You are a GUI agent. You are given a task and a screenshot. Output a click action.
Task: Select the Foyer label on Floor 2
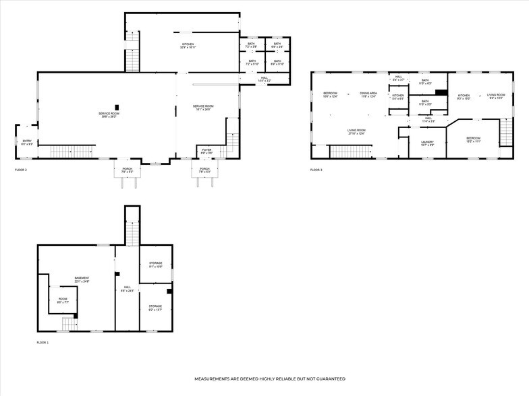(206, 151)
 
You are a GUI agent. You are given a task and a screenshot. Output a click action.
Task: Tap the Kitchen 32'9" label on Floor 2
(188, 46)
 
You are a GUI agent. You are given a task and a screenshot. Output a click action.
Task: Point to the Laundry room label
(427, 143)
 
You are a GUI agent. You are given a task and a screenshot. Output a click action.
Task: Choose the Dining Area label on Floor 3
(368, 95)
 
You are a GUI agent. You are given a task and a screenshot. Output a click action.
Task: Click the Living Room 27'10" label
(356, 131)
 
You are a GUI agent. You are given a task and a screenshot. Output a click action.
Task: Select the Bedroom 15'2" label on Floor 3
(472, 139)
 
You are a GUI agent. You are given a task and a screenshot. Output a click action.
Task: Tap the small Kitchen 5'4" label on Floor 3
(398, 96)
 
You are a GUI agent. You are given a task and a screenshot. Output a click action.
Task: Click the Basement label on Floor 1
(82, 279)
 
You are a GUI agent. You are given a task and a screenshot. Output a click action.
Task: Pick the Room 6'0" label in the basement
(63, 301)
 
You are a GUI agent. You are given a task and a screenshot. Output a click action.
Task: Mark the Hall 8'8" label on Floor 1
(127, 289)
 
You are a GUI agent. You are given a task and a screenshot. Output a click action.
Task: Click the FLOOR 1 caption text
(43, 343)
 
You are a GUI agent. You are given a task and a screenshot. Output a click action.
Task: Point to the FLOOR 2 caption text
(21, 170)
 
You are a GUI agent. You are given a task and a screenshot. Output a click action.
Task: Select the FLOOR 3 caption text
(316, 170)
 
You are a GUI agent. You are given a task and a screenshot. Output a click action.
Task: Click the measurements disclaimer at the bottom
(270, 379)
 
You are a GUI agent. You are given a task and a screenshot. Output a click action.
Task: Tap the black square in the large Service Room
(117, 106)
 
